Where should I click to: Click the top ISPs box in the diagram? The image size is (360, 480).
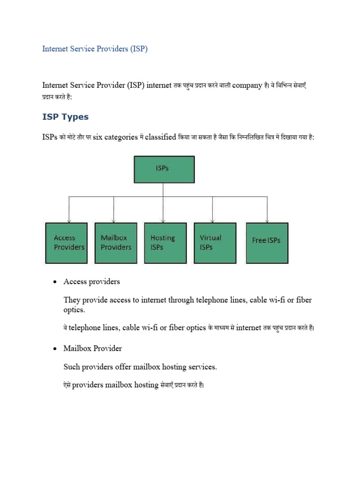coord(164,169)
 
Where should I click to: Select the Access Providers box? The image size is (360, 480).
coord(66,243)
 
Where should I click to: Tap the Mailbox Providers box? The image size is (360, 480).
coord(116,243)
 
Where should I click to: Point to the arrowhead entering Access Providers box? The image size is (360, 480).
coord(69,220)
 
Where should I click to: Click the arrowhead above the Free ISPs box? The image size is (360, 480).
coord(267,220)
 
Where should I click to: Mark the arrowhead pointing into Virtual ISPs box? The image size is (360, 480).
coord(213,220)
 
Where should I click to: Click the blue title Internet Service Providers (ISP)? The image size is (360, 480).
coord(95,49)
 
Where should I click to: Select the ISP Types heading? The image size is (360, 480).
coord(66,117)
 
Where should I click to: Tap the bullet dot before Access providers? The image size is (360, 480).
coord(55,282)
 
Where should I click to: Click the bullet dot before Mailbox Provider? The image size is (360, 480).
coord(55,349)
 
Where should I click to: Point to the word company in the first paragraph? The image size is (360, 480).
coord(247,85)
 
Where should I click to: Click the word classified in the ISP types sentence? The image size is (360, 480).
coord(161,137)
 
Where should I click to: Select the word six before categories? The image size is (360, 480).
coord(97,137)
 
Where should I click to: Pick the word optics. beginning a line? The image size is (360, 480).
coord(75,309)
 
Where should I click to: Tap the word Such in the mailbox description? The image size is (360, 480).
coord(71,367)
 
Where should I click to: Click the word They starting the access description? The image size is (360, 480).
coord(72,300)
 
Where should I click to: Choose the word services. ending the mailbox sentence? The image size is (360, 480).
coord(202,367)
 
